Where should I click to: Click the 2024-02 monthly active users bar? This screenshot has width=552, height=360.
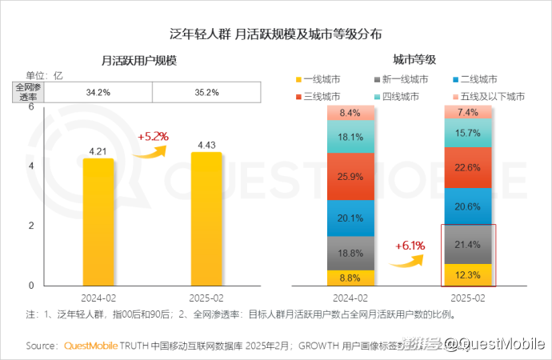tap(98, 222)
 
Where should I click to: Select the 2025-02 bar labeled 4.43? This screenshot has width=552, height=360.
tap(206, 218)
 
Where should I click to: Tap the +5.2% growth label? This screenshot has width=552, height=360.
tap(153, 137)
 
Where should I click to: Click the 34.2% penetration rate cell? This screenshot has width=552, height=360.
tap(98, 92)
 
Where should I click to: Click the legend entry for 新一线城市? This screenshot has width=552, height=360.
tap(401, 79)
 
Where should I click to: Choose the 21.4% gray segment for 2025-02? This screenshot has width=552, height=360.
tap(468, 243)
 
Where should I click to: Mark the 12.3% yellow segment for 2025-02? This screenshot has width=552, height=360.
tap(468, 274)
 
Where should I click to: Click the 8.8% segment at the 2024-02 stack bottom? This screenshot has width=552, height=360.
tap(351, 278)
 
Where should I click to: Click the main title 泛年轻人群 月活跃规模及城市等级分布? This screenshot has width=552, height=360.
tap(276, 34)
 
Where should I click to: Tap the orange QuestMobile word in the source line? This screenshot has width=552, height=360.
tap(89, 346)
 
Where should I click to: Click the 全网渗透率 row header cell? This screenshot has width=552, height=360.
tap(29, 92)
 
